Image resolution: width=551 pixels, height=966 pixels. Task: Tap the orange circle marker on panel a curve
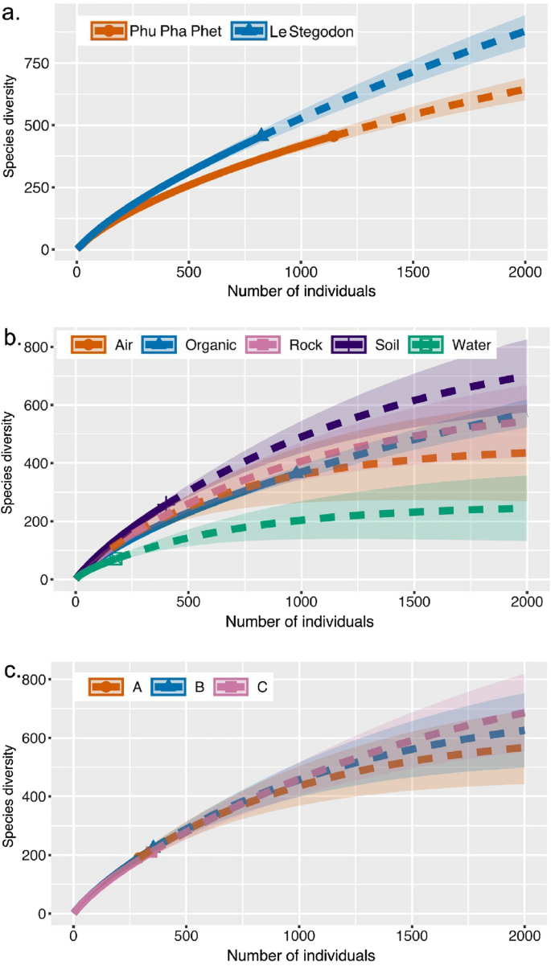pyautogui.click(x=334, y=136)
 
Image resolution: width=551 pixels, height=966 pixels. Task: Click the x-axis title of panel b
pyautogui.click(x=300, y=622)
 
